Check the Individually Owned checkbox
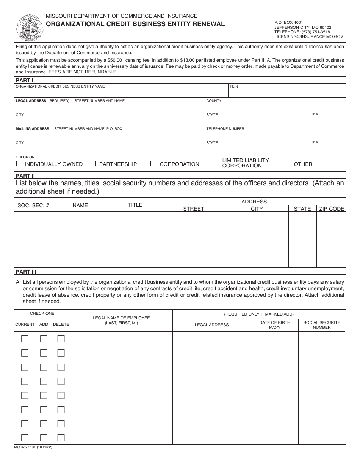point(19,164)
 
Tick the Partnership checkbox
point(93,164)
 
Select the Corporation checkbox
point(153,164)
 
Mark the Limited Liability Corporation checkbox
point(217,163)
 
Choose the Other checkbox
point(288,164)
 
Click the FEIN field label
point(234,86)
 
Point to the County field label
point(214,101)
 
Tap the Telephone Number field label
point(225,129)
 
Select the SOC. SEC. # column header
point(33,205)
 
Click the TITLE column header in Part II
point(135,205)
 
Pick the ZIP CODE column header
point(331,209)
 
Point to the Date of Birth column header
point(274,325)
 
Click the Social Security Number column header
point(321,325)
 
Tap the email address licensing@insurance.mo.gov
point(308,37)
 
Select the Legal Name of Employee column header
point(121,320)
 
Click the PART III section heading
point(26,272)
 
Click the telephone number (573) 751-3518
point(302,32)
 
